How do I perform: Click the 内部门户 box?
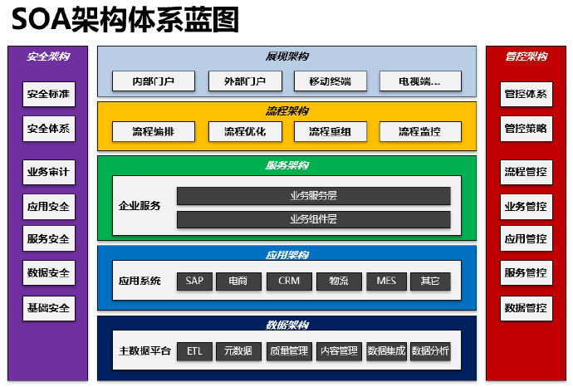click(x=154, y=81)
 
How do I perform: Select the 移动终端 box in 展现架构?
click(x=329, y=81)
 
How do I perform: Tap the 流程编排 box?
click(x=154, y=131)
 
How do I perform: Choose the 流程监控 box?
click(x=419, y=131)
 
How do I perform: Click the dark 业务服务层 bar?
click(x=313, y=196)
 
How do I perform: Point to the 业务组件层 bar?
click(x=313, y=219)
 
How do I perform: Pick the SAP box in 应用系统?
click(x=194, y=282)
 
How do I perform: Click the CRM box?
click(x=288, y=282)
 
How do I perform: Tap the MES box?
click(x=386, y=282)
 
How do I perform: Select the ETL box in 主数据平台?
click(x=194, y=351)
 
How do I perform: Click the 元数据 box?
click(x=239, y=351)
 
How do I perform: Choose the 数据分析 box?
click(x=431, y=351)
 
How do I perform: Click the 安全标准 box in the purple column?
click(x=48, y=95)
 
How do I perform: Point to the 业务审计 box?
click(x=48, y=173)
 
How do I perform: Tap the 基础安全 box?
click(x=48, y=308)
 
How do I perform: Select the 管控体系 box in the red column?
click(x=526, y=95)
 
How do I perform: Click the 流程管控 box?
click(x=526, y=173)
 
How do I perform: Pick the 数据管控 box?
click(x=526, y=308)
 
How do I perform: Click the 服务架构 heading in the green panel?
click(x=286, y=165)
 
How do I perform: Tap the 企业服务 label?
click(x=140, y=206)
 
